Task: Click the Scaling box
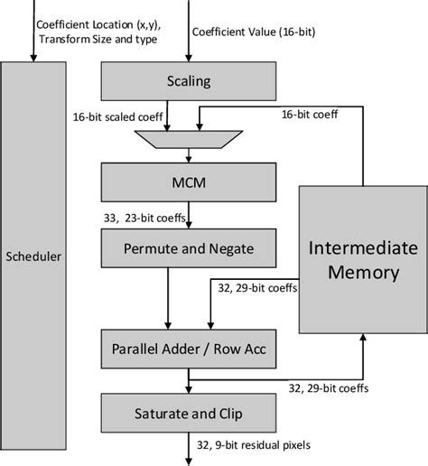(190, 81)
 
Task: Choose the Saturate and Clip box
(190, 415)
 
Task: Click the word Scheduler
(33, 256)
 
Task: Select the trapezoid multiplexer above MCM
(190, 137)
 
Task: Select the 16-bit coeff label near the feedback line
(312, 115)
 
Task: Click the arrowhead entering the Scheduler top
(33, 60)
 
